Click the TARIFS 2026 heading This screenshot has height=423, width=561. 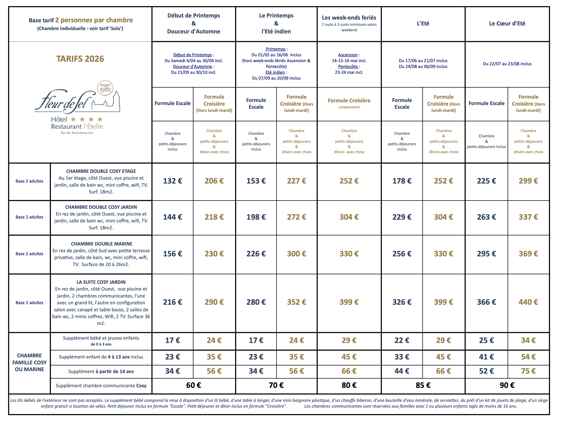(x=80, y=59)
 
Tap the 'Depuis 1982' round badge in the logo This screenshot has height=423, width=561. (x=105, y=88)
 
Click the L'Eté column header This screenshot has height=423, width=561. (x=423, y=23)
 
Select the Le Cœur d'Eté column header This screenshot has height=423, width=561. (x=507, y=23)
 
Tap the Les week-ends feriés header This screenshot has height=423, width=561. (x=349, y=18)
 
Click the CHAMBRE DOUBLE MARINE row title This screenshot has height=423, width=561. (x=101, y=244)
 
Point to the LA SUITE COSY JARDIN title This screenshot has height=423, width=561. (x=101, y=282)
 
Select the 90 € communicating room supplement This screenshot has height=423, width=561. (x=507, y=385)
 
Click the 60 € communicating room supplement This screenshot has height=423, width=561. (x=193, y=385)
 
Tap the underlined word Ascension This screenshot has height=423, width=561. (x=348, y=55)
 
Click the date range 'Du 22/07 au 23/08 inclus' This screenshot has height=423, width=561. (x=507, y=64)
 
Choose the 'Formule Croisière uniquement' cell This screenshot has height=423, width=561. (x=349, y=103)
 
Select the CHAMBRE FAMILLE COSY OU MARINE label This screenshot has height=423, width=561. (x=29, y=362)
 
